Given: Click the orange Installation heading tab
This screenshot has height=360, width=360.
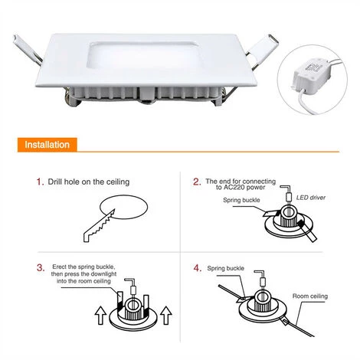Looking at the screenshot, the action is tap(47, 145).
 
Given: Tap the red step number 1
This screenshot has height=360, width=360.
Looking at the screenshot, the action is tap(40, 182).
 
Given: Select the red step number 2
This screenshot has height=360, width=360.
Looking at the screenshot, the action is tap(197, 182).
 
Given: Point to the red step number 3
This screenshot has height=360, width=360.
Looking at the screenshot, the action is tap(41, 268).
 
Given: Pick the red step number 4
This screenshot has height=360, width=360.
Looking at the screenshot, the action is tap(198, 268).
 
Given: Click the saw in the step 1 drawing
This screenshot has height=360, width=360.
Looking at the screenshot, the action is tap(99, 226).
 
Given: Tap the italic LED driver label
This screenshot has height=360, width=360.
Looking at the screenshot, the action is tap(311, 198).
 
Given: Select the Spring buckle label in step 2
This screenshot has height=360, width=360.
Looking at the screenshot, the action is tap(241, 200).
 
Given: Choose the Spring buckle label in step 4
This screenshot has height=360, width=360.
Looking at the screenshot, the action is tap(225, 268).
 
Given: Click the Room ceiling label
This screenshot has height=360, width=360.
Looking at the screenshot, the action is tap(310, 296).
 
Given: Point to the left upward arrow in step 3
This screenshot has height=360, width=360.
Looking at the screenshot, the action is tap(100, 316).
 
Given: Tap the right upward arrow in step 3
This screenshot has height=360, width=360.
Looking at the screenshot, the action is tap(166, 316).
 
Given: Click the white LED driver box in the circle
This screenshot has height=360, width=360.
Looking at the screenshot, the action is tap(309, 74).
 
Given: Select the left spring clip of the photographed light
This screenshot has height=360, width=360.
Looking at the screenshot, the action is tap(27, 49).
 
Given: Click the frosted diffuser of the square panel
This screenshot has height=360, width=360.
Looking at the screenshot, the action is tap(143, 56).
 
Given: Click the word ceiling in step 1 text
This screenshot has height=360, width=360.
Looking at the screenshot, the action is tap(118, 182).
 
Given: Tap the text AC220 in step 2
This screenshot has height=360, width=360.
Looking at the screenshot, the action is tap(234, 188).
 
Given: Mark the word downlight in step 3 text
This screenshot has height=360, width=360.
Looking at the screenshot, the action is tap(103, 274).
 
